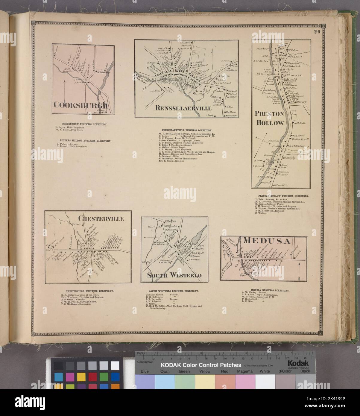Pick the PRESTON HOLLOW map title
[x=269, y=119]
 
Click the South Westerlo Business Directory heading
[x=174, y=291]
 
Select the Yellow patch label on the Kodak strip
[x=205, y=371]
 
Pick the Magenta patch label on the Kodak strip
[x=245, y=371]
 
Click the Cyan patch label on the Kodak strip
[x=165, y=371]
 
